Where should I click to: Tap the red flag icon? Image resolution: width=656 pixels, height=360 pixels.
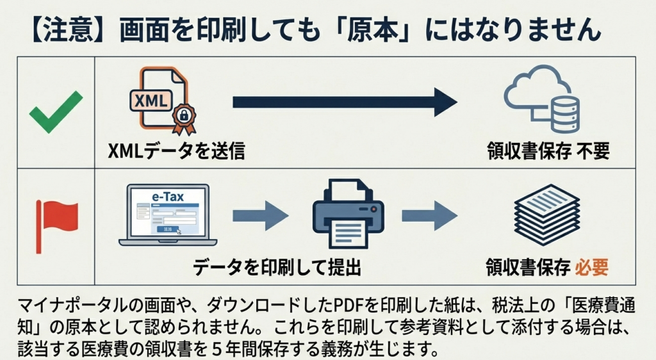click(56, 218)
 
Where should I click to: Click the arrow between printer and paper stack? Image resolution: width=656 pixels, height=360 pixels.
click(429, 215)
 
